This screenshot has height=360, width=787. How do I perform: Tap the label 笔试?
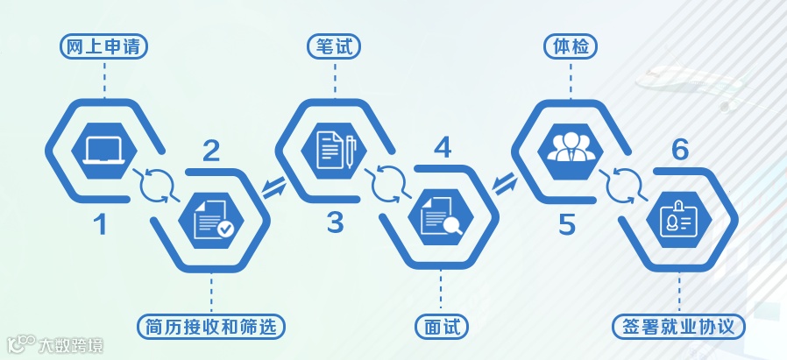335,46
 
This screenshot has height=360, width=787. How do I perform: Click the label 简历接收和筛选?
213,327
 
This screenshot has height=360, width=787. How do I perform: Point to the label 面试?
442,327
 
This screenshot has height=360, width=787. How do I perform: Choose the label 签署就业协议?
679,327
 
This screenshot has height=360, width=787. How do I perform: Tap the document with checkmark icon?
213,219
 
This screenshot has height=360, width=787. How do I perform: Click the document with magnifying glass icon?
442,219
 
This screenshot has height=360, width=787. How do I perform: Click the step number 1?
101,225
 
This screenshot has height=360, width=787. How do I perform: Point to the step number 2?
211,151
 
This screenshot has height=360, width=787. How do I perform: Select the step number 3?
335,223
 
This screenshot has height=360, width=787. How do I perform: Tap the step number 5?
567,224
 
